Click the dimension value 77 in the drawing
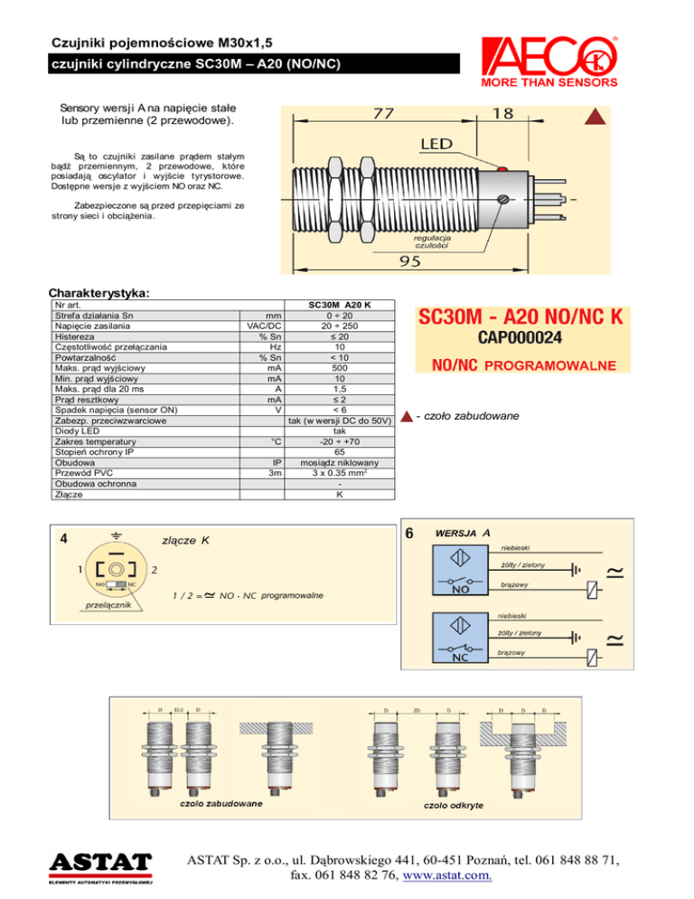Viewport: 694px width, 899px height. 383,115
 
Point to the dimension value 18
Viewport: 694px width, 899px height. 503,113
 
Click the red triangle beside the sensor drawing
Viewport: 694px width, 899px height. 595,117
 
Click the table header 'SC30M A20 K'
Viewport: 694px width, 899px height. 339,305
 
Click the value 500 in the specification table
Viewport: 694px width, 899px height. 339,368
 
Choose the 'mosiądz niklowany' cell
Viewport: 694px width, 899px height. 339,462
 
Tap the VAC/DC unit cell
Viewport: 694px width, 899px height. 264,326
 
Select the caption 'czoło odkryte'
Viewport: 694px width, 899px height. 455,803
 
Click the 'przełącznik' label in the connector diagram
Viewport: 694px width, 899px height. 107,604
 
